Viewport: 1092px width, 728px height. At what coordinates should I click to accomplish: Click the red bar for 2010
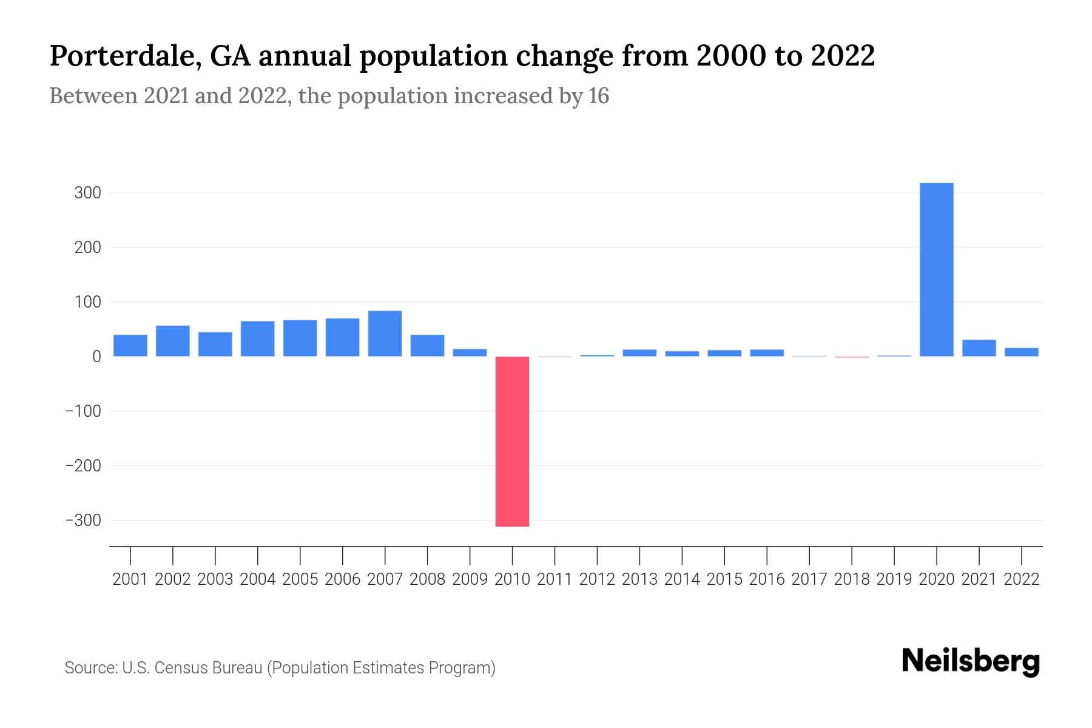pyautogui.click(x=512, y=441)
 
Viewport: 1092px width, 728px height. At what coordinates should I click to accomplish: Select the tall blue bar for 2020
pyautogui.click(x=936, y=269)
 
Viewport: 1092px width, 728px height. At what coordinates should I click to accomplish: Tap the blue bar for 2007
pyautogui.click(x=385, y=333)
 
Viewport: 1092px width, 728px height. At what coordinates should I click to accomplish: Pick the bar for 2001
pyautogui.click(x=130, y=345)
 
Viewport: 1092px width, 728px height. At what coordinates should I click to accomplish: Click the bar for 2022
pyautogui.click(x=1021, y=352)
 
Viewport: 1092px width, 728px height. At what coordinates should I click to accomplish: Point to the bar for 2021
pyautogui.click(x=979, y=348)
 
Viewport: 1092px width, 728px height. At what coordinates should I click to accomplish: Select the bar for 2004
pyautogui.click(x=257, y=339)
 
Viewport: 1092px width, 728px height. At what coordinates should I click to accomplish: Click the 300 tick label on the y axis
pyautogui.click(x=87, y=193)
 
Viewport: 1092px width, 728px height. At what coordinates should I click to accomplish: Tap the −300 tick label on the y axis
pyautogui.click(x=83, y=521)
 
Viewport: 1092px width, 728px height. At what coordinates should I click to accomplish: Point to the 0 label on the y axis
pyautogui.click(x=96, y=357)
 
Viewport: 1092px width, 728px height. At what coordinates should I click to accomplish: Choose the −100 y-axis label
pyautogui.click(x=83, y=411)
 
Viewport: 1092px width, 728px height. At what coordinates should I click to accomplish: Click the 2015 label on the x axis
pyautogui.click(x=724, y=579)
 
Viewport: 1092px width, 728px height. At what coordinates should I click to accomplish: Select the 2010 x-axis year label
pyautogui.click(x=512, y=579)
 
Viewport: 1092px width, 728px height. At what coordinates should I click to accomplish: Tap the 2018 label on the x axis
pyautogui.click(x=852, y=579)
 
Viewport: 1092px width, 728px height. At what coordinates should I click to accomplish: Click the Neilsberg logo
pyautogui.click(x=971, y=661)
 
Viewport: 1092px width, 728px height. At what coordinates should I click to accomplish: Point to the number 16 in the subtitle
pyautogui.click(x=598, y=96)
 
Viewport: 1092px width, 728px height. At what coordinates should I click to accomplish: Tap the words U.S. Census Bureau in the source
pyautogui.click(x=192, y=668)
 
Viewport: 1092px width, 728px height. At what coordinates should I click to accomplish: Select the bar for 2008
pyautogui.click(x=427, y=345)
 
